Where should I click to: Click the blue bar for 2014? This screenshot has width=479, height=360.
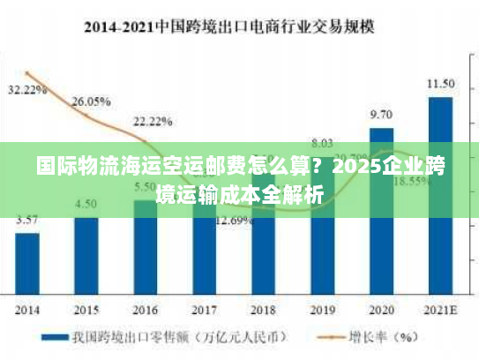click(x=27, y=263)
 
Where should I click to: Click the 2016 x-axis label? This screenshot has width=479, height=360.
click(x=146, y=310)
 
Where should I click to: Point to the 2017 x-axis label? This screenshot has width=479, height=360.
click(x=205, y=310)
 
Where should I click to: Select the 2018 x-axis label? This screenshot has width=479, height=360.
click(x=264, y=310)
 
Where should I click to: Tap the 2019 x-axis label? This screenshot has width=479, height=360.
click(x=323, y=310)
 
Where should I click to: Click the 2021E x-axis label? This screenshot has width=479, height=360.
click(x=440, y=310)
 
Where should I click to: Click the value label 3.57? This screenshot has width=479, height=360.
click(x=27, y=220)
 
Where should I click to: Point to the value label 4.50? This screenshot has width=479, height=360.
click(x=86, y=204)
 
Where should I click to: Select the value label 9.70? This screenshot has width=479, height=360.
click(x=381, y=115)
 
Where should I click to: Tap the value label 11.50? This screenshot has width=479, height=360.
click(x=440, y=84)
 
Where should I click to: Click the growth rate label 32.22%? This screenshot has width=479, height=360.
click(x=27, y=90)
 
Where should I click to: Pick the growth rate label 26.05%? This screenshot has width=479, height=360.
click(x=91, y=101)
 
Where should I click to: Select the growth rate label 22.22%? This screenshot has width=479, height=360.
click(x=152, y=121)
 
